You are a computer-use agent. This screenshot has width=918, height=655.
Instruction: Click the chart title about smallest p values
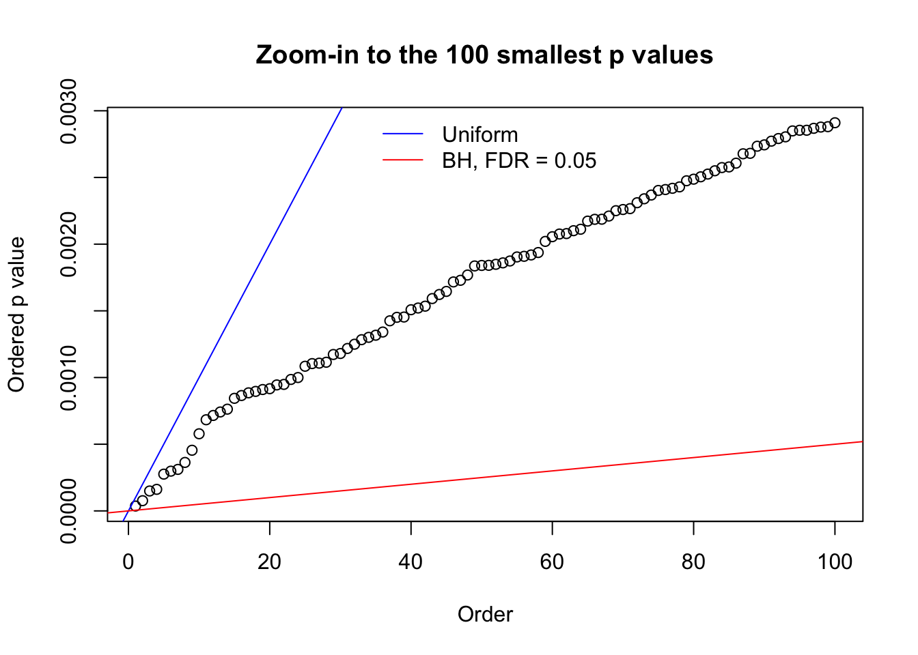tap(484, 55)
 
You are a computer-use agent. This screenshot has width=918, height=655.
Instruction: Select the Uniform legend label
tap(479, 134)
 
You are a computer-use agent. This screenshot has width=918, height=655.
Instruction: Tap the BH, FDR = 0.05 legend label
tap(519, 161)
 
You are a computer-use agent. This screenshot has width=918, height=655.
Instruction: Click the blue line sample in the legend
tap(403, 134)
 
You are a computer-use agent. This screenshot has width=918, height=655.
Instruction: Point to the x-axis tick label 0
tap(128, 562)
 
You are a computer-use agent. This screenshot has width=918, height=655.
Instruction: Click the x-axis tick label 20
tap(270, 562)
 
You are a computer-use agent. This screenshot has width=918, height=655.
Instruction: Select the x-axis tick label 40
tap(411, 562)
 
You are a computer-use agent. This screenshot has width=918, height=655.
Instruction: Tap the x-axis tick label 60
tap(552, 562)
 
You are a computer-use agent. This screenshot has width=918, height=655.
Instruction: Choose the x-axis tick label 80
tap(693, 562)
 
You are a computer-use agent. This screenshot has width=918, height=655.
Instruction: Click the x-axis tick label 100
tap(835, 562)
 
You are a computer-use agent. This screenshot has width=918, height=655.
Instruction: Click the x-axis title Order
tap(485, 615)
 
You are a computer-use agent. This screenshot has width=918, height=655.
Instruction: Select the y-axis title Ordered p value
tap(16, 315)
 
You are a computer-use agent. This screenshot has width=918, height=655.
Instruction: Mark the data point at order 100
tap(835, 123)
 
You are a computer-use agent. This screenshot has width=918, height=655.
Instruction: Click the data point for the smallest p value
tap(135, 506)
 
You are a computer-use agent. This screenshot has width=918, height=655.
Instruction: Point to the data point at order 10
tap(199, 434)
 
